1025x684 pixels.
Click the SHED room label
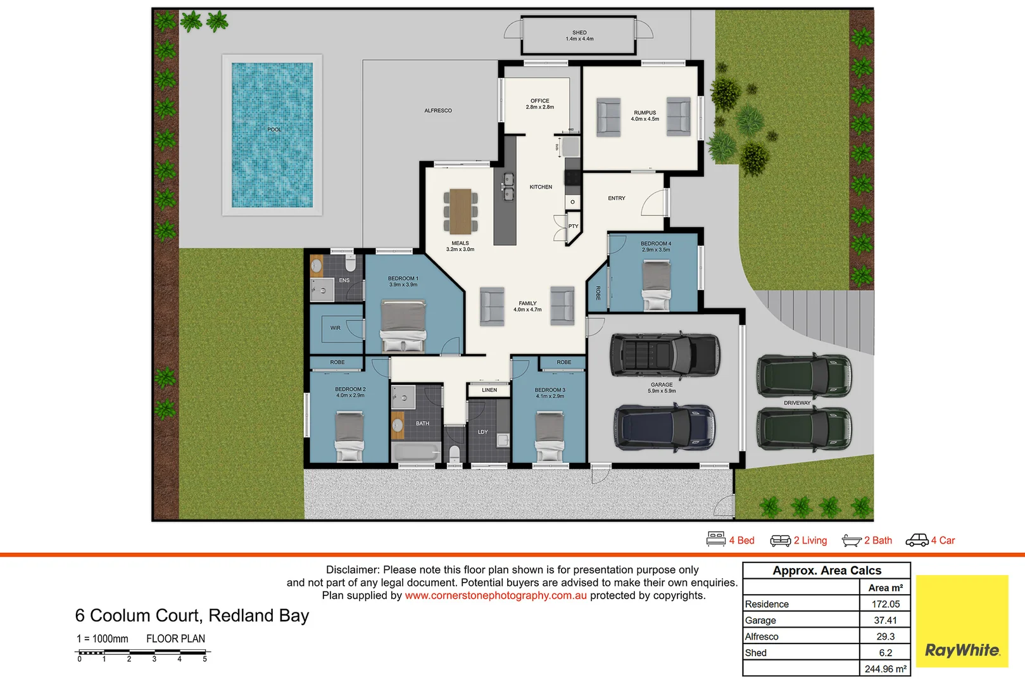[579, 33]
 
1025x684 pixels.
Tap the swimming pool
[272, 134]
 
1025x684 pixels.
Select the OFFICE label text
[540, 101]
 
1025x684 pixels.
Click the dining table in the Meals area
[460, 211]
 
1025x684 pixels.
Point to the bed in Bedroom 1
[403, 326]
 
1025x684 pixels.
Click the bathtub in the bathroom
[416, 452]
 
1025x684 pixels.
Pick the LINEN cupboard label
[489, 390]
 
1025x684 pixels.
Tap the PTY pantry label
[573, 226]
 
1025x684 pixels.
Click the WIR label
[335, 328]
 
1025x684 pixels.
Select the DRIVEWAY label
[797, 403]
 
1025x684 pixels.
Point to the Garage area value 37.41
[885, 621]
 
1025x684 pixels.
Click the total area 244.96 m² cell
[885, 669]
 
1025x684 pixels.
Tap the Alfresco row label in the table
[762, 636]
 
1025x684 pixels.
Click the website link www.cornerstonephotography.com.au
[496, 595]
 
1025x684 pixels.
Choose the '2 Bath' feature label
[877, 540]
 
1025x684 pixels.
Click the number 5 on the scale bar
[204, 659]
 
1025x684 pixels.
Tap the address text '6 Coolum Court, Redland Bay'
[192, 616]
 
